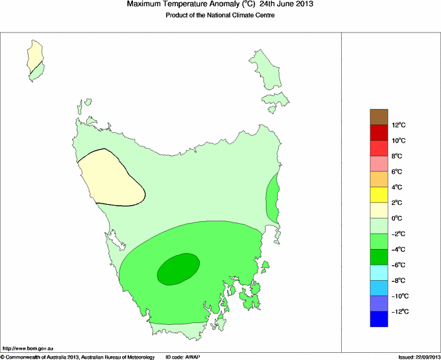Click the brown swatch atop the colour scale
379,117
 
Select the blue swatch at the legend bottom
379,319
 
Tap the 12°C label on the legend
399,125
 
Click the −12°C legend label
399,312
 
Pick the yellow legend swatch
379,195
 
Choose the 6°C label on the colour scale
398,172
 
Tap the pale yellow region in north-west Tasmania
110,176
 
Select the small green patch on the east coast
272,200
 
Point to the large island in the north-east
264,67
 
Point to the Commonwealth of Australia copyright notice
78,357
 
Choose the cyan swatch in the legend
379,272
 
